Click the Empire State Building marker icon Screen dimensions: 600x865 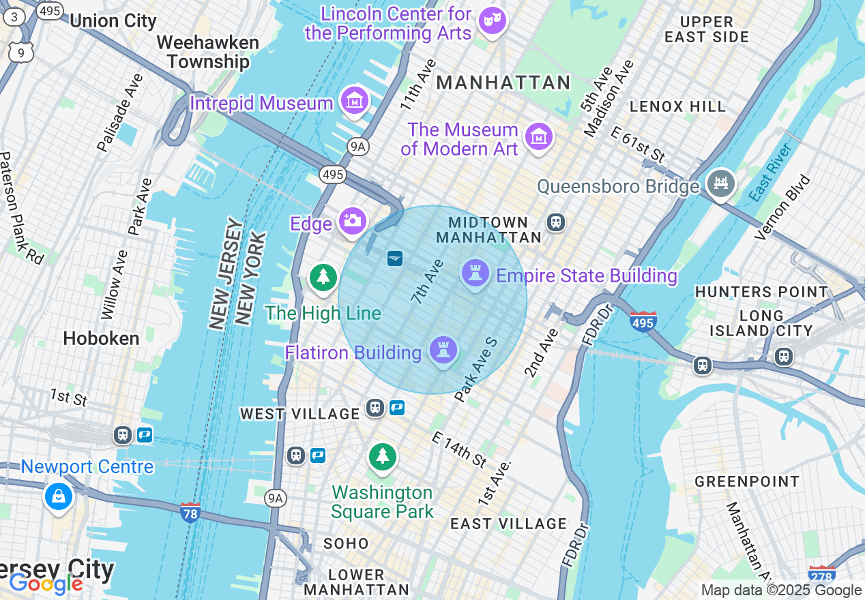(x=475, y=273)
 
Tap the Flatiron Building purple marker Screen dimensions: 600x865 (x=443, y=350)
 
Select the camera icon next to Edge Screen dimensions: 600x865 (x=352, y=221)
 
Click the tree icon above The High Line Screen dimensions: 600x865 (x=323, y=277)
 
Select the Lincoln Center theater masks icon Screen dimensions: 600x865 (x=491, y=21)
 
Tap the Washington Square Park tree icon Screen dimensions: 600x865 (x=383, y=457)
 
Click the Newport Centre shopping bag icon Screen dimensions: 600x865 (x=59, y=496)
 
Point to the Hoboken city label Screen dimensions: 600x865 (x=101, y=338)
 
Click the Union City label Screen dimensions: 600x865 (x=113, y=20)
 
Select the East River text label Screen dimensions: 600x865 (x=769, y=172)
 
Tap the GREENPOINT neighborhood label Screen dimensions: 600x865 (x=747, y=481)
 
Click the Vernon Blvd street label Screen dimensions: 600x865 (x=782, y=208)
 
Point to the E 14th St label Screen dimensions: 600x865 (x=460, y=450)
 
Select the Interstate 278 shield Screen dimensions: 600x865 (x=821, y=573)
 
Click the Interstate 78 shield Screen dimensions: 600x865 (x=190, y=511)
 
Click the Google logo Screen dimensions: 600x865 (x=46, y=584)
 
